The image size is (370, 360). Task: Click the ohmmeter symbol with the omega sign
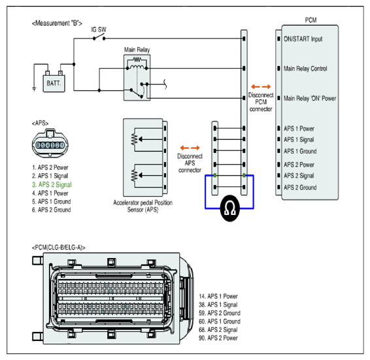[x=230, y=208]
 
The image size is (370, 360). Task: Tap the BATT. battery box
[x=54, y=83]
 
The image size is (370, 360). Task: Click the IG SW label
[x=99, y=29]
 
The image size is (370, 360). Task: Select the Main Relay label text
[x=137, y=50]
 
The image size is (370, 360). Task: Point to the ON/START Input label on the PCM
[x=303, y=39]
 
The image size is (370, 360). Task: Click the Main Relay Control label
[x=305, y=69]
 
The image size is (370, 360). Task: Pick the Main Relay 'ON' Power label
[x=310, y=98]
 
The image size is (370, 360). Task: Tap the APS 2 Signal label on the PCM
[x=299, y=176]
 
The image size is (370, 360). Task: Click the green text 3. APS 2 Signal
[x=52, y=184]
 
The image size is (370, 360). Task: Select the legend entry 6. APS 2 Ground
[x=51, y=210]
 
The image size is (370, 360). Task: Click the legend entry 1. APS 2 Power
[x=50, y=167]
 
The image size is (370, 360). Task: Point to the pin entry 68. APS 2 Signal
[x=218, y=329]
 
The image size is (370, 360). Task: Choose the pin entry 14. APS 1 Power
[x=218, y=297]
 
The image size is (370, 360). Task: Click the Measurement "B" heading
[x=57, y=23]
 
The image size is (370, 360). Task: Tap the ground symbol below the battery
[x=34, y=89]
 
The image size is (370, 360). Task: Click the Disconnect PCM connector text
[x=261, y=102]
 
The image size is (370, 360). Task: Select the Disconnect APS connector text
[x=190, y=163]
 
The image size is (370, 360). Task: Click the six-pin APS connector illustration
[x=50, y=143]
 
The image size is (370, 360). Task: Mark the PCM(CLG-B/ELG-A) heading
[x=59, y=248]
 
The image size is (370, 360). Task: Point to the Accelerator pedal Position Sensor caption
[x=143, y=206]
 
